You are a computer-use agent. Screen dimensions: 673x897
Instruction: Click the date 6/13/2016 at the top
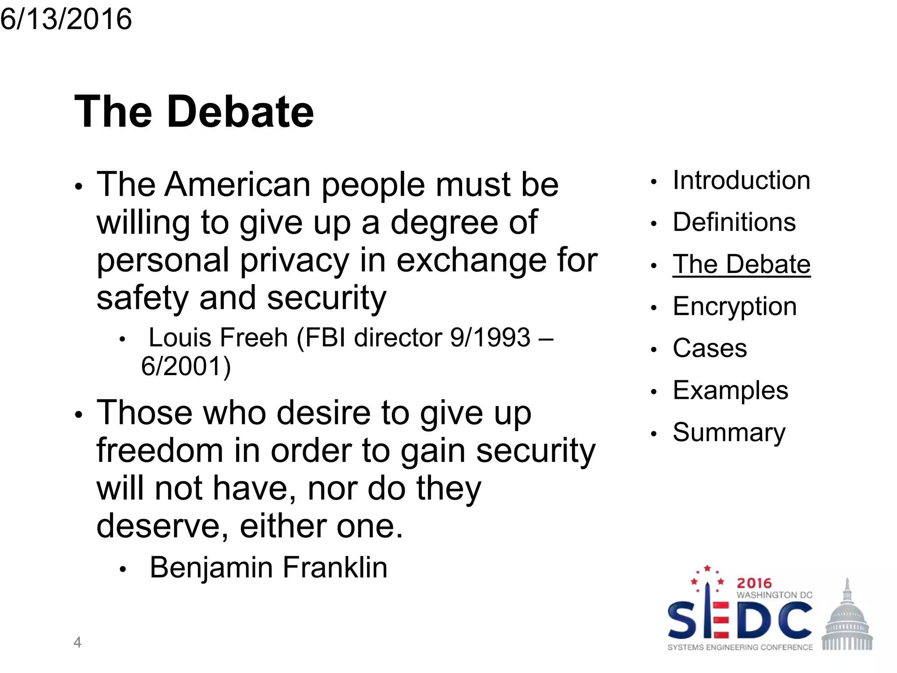[x=66, y=19]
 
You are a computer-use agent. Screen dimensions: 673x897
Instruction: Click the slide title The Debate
[x=194, y=112]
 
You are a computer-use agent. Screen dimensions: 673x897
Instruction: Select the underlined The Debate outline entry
[x=742, y=264]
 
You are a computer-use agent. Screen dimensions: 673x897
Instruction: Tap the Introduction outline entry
[x=742, y=180]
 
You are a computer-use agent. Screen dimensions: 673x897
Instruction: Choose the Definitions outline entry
[x=734, y=222]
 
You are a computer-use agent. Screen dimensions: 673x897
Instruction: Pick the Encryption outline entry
[x=735, y=306]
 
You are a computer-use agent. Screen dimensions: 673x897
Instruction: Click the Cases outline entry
[x=710, y=348]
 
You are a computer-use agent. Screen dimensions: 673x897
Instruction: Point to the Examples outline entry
[x=730, y=390]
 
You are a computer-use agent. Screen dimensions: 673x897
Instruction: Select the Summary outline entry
[x=729, y=432]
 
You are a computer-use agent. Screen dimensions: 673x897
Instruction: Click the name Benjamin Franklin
[x=268, y=567]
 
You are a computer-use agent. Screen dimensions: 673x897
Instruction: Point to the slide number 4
[x=78, y=642]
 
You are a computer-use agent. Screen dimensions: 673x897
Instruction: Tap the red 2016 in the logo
[x=754, y=583]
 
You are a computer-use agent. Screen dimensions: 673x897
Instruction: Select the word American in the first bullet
[x=237, y=184]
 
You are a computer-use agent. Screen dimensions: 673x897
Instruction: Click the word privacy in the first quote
[x=294, y=260]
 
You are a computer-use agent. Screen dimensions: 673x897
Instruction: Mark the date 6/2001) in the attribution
[x=186, y=366]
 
